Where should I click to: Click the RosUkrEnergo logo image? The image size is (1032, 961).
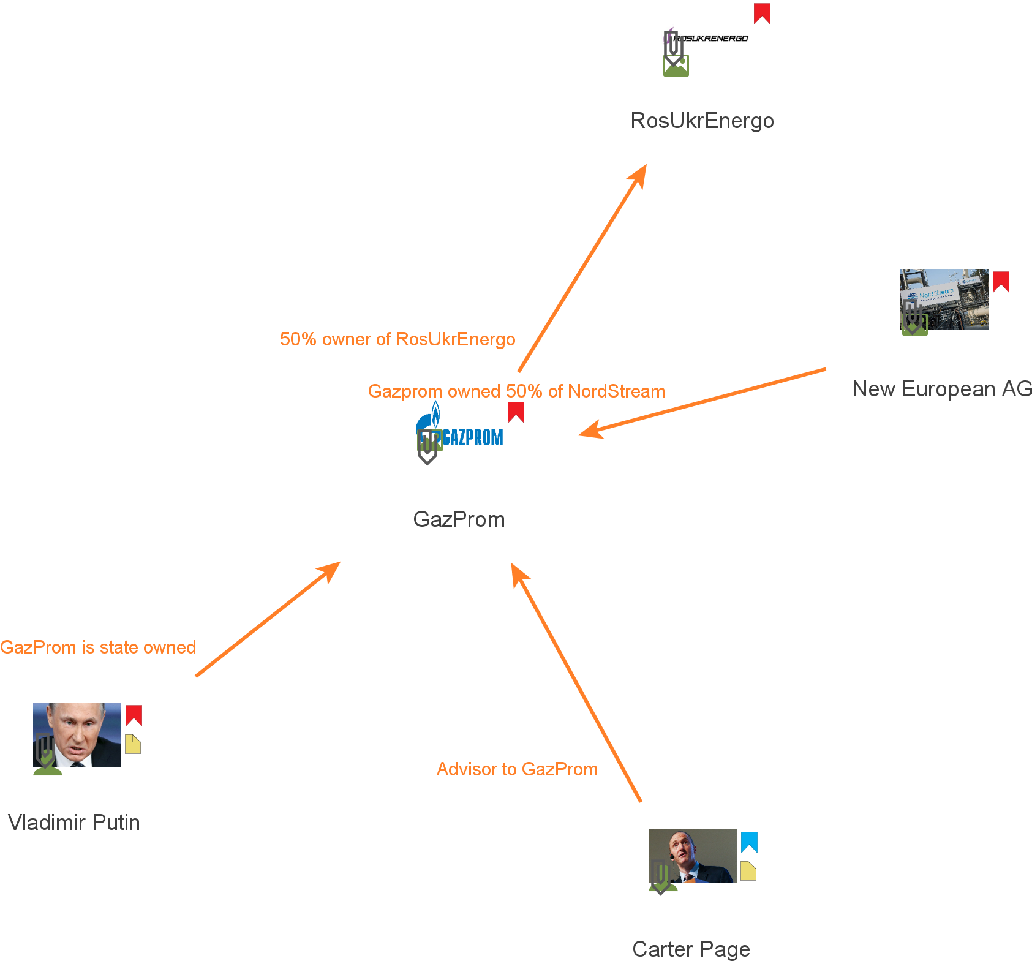click(706, 36)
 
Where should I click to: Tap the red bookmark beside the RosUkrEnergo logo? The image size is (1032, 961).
click(762, 13)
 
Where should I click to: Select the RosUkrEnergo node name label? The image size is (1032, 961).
click(702, 121)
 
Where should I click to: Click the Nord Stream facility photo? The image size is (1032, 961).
click(944, 299)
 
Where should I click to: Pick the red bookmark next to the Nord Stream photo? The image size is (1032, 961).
click(1001, 282)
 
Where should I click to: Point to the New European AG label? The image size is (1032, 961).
click(941, 389)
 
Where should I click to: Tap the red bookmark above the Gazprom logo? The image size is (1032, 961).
click(516, 412)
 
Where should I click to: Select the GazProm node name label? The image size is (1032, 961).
click(459, 519)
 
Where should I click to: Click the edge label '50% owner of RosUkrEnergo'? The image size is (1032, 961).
click(397, 339)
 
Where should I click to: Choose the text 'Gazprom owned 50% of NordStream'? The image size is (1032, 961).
click(516, 391)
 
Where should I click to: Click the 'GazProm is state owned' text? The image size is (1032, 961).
click(98, 647)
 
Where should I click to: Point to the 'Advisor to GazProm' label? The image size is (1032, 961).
click(517, 769)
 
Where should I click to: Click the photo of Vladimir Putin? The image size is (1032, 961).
click(77, 734)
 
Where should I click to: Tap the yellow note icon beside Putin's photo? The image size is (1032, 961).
click(133, 744)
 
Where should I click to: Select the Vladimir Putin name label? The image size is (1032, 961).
click(73, 823)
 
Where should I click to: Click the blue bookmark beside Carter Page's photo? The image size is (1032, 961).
click(749, 842)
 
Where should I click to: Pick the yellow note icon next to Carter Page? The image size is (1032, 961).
click(748, 871)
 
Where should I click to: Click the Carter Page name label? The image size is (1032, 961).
click(691, 949)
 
